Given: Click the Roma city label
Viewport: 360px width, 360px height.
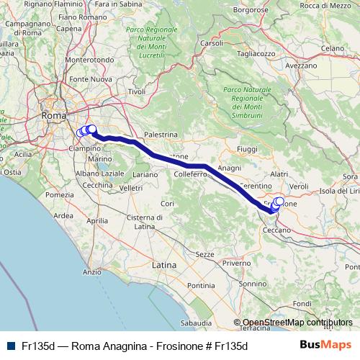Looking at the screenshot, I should pos(54,115).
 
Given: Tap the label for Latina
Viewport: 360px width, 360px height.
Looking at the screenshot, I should pos(163,266).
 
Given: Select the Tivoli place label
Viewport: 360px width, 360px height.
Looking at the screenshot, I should pos(137,92).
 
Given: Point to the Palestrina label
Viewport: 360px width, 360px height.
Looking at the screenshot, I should pos(161,135).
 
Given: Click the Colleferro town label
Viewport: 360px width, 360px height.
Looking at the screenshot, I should pos(189,174).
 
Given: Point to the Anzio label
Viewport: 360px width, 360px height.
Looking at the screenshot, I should pos(91,272).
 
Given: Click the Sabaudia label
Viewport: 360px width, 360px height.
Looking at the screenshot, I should pos(196,323).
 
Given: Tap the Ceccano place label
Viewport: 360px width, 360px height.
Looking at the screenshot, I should pos(276,229).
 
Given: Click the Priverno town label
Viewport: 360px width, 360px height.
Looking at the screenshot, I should pos(235,264).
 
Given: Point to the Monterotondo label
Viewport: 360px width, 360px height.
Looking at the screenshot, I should pos(89,60).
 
